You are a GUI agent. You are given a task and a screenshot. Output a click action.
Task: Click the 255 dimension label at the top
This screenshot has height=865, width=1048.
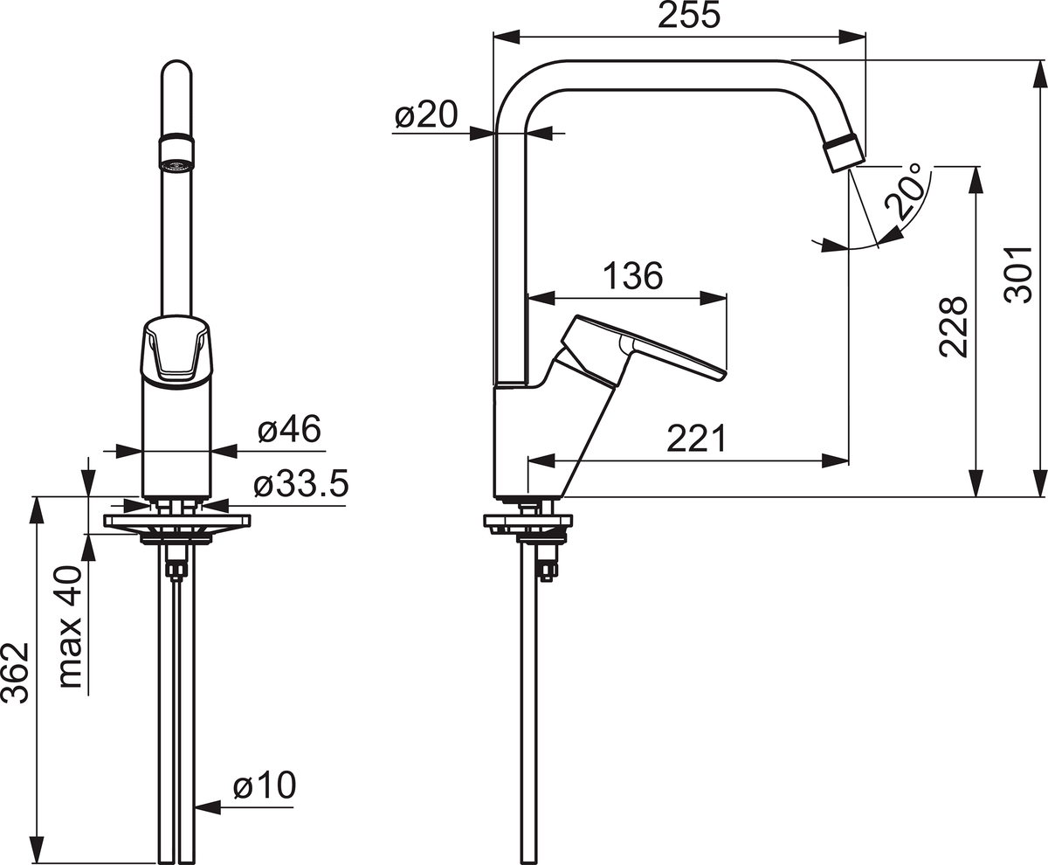[689, 15]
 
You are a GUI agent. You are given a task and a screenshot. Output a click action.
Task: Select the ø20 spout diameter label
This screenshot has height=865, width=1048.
[426, 114]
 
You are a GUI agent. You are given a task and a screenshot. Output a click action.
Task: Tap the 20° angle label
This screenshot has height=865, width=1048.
[905, 191]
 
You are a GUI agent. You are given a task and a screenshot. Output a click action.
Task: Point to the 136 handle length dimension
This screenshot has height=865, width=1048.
[632, 276]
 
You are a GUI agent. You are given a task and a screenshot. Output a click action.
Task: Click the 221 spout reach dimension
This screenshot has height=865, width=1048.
[697, 439]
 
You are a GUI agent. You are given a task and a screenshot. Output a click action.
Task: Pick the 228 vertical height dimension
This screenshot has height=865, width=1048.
[954, 327]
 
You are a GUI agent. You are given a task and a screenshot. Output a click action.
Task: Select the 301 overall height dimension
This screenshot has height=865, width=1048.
[1018, 274]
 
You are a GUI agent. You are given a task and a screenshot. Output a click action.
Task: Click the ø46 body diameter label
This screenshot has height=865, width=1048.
[289, 430]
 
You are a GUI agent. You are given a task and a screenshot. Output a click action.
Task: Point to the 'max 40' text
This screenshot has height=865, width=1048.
[70, 626]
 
